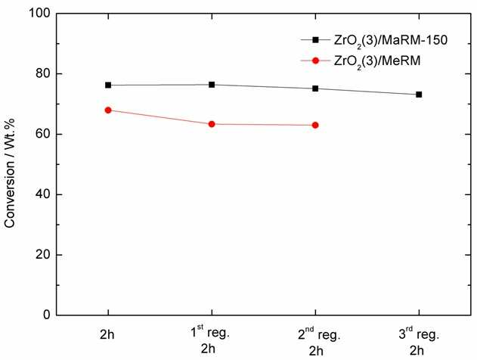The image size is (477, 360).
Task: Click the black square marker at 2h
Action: coord(108,85)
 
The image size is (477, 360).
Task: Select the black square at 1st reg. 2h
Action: coord(212,85)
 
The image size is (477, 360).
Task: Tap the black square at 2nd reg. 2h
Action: coord(315,88)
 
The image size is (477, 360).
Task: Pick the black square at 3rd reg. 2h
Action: coord(419,95)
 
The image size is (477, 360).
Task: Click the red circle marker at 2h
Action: coord(108,110)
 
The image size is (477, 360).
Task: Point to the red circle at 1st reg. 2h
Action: coord(212,124)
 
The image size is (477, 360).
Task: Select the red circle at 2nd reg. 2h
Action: coord(315,125)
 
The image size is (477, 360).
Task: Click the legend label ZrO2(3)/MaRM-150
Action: coord(391,41)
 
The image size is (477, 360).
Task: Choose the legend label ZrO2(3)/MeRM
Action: coord(377,61)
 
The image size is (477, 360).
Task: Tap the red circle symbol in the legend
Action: coord(315,61)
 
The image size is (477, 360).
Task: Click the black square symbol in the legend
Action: coord(315,40)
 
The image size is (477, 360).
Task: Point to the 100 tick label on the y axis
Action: coord(39,14)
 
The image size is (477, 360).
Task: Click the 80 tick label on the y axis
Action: coord(43,73)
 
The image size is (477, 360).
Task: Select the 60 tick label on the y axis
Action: coord(43,134)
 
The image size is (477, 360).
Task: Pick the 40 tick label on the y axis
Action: coord(43,194)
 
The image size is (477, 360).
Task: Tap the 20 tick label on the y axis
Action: coord(43,255)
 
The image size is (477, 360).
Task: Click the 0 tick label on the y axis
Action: coord(47,315)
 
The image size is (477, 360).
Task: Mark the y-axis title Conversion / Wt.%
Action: coord(10,173)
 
